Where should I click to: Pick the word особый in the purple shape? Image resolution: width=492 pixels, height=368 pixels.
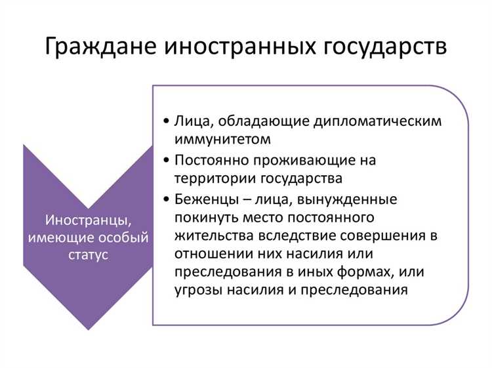[126, 236]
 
